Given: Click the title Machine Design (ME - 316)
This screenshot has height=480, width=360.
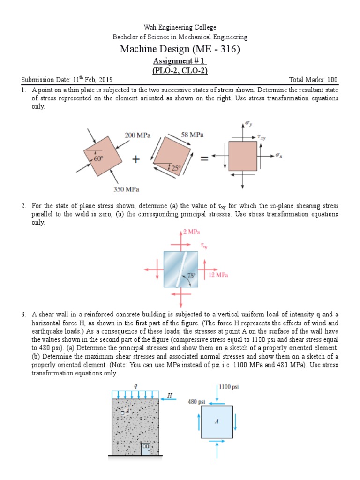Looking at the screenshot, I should click(180, 49).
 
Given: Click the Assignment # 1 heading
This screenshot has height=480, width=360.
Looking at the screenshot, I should click(180, 61).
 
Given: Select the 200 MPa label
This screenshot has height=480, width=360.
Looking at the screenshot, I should click(137, 135).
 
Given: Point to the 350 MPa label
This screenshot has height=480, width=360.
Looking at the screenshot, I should click(126, 189).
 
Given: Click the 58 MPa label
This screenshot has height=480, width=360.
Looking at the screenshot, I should click(192, 135).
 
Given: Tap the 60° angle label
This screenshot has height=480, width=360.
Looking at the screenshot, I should click(98, 159).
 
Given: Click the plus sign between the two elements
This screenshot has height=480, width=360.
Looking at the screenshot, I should click(136, 159).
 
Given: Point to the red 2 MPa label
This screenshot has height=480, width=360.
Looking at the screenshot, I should click(191, 232).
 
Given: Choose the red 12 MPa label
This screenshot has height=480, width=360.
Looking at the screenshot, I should click(218, 275).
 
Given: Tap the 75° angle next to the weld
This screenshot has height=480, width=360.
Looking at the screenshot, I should click(192, 276).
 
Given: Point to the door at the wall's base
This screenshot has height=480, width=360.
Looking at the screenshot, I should click(146, 449).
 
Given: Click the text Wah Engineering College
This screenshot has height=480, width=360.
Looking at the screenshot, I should click(180, 28).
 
